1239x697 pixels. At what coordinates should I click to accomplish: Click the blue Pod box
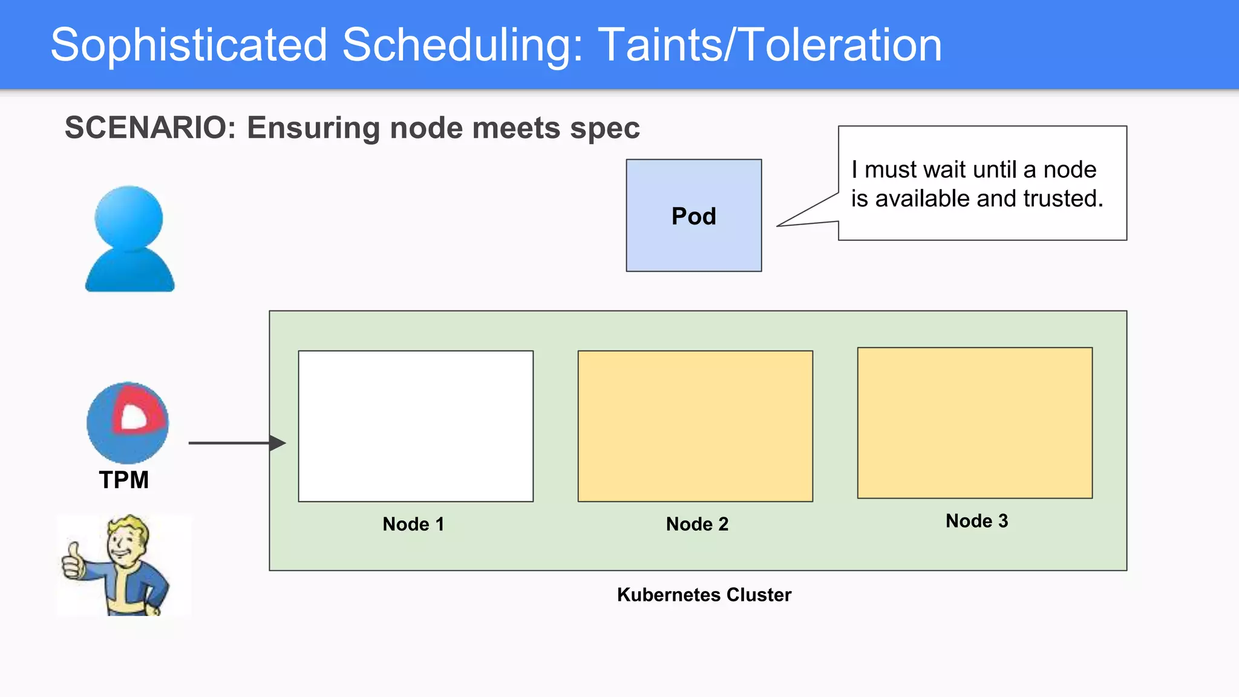pyautogui.click(x=693, y=215)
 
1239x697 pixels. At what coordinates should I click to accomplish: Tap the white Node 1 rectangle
pyautogui.click(x=416, y=426)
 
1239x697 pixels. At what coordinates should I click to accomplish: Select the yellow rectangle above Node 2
pyautogui.click(x=695, y=426)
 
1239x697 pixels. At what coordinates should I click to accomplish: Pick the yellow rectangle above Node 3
pyautogui.click(x=975, y=423)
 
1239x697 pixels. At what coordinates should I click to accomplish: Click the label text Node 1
pyautogui.click(x=413, y=524)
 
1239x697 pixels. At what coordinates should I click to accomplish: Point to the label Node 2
pyautogui.click(x=697, y=524)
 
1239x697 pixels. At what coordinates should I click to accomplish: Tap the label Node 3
pyautogui.click(x=976, y=521)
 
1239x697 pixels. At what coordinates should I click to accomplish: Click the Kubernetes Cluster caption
pyautogui.click(x=704, y=595)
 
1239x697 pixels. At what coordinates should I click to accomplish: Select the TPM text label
pyautogui.click(x=124, y=480)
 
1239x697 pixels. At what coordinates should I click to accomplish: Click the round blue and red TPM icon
pyautogui.click(x=128, y=422)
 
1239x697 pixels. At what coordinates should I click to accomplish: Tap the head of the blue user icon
pyautogui.click(x=129, y=218)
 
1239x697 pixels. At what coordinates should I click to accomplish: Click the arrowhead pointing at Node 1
pyautogui.click(x=277, y=443)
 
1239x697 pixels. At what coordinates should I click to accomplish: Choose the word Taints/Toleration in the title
pyautogui.click(x=770, y=45)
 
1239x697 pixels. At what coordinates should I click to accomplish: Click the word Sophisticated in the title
pyautogui.click(x=189, y=45)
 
